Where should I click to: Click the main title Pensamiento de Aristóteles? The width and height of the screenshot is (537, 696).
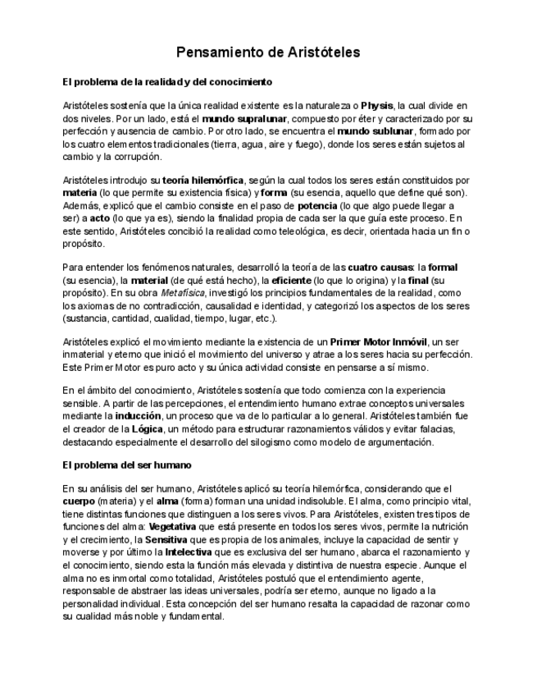click(268, 53)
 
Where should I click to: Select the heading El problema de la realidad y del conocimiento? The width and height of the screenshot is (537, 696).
click(167, 83)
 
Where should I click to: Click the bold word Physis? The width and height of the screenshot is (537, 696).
click(376, 106)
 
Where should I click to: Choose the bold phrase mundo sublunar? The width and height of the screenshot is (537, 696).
click(376, 130)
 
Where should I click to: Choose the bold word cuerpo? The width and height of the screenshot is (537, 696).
click(79, 501)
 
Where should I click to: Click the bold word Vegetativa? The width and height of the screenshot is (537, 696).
click(180, 526)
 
